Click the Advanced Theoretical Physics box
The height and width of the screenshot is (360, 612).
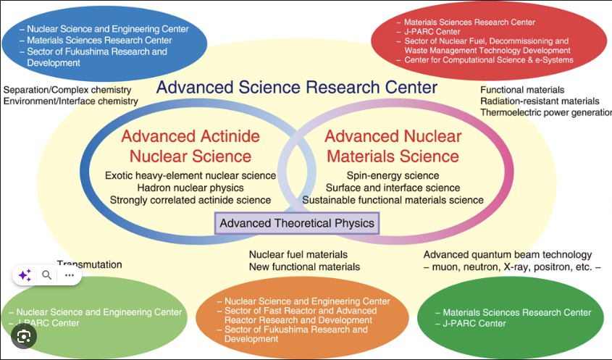click(297, 223)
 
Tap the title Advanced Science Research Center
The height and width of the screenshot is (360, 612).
click(297, 88)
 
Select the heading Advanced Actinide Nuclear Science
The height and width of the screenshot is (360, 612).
click(190, 146)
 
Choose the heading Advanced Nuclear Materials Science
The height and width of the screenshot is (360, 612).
click(393, 146)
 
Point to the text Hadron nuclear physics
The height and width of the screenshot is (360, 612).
click(190, 188)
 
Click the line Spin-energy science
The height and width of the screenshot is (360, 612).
click(393, 175)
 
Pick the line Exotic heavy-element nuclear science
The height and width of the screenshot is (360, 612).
click(190, 175)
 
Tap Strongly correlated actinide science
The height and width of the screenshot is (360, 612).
click(190, 200)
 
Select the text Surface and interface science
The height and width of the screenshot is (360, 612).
click(393, 188)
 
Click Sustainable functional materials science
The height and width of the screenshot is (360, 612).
click(393, 200)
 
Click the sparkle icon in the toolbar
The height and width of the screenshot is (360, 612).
click(25, 275)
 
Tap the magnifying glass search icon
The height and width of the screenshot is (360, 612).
click(46, 275)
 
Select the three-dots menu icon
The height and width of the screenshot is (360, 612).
click(70, 275)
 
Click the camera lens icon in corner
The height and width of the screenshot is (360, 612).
click(24, 336)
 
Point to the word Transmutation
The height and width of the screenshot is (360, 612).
click(90, 264)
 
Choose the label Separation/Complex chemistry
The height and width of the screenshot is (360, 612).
click(67, 90)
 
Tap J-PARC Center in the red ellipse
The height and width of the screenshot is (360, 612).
click(432, 32)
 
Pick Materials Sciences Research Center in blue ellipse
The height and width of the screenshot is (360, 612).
click(100, 41)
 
